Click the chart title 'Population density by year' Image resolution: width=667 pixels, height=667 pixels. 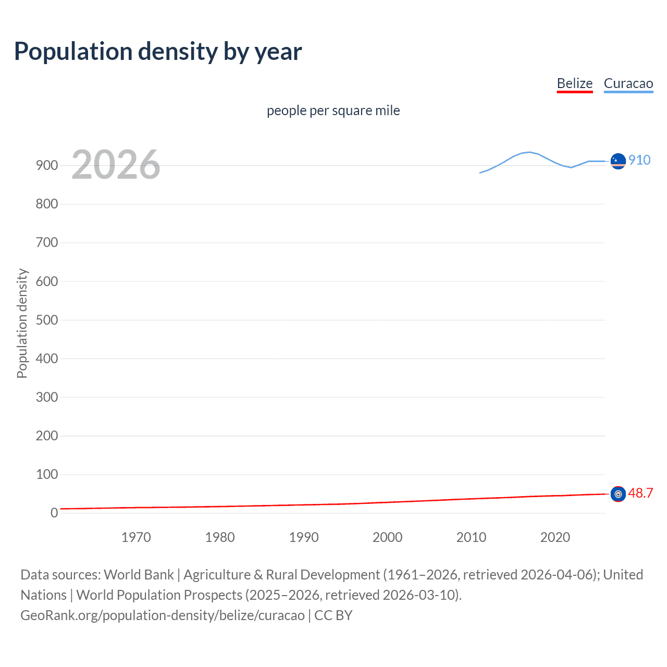pos(158,52)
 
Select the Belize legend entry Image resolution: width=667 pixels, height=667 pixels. pos(574,83)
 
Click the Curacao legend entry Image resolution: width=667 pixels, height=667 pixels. pos(628,83)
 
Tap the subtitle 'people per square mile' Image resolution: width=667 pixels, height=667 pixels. pos(333,110)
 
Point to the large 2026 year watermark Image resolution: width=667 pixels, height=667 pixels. pos(116,165)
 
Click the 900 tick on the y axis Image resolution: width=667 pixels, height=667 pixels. pos(47,166)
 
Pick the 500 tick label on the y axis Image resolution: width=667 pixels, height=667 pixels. pos(47,320)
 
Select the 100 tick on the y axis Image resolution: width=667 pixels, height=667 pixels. pos(47,474)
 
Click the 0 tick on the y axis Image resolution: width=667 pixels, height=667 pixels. pos(54,513)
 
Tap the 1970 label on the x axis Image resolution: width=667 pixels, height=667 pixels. pos(136,537)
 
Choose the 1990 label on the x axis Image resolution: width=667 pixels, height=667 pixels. pos(304,537)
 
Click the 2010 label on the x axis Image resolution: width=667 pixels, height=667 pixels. pos(471,537)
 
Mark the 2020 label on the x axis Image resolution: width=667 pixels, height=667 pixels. pos(555,537)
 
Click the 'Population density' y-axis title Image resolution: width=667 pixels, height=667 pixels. pos(22,323)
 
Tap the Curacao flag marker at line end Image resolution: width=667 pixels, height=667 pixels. pos(618,162)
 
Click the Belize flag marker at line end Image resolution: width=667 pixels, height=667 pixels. pos(618,494)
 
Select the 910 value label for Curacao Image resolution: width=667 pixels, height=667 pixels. pos(639,160)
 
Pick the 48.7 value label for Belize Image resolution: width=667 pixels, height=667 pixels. pos(640,493)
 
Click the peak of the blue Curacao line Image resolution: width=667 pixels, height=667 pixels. pos(529,152)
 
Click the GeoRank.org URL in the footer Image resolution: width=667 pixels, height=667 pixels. pos(163,615)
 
